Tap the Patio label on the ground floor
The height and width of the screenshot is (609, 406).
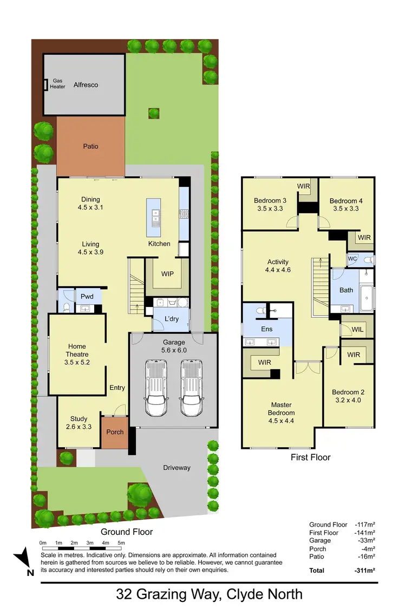(91, 146)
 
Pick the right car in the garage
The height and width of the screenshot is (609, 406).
(191, 388)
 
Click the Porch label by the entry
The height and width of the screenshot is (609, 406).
(115, 432)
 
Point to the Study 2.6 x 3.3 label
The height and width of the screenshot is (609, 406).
(79, 422)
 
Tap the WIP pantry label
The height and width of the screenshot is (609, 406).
(167, 273)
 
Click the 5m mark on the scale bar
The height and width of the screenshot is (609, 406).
(121, 542)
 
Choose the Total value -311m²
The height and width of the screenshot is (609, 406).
(365, 570)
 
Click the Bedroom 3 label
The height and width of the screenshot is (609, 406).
(270, 205)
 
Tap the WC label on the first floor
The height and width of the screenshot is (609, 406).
(352, 259)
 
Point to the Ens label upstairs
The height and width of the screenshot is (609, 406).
(266, 329)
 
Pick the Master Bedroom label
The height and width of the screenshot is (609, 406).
(281, 409)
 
